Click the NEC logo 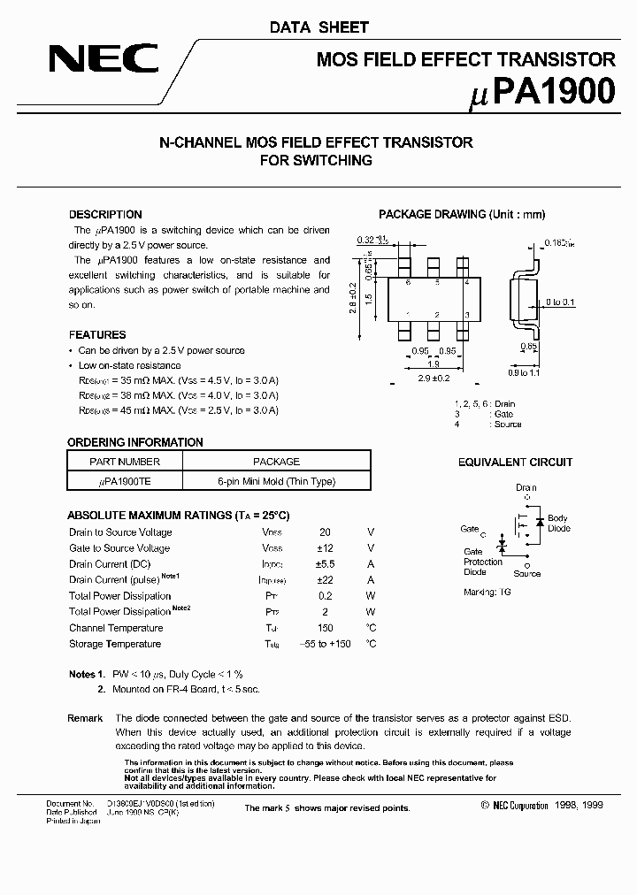[104, 60]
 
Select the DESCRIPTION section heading [105, 214]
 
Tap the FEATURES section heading [97, 335]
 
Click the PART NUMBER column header [125, 462]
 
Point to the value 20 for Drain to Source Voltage [325, 532]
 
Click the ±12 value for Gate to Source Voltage [325, 548]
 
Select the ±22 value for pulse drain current [325, 580]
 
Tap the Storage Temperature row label [115, 644]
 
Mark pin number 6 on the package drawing [408, 283]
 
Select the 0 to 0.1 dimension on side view [560, 302]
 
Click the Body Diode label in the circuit [557, 524]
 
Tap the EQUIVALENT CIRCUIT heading [515, 463]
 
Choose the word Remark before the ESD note [85, 718]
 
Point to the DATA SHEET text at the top [319, 27]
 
